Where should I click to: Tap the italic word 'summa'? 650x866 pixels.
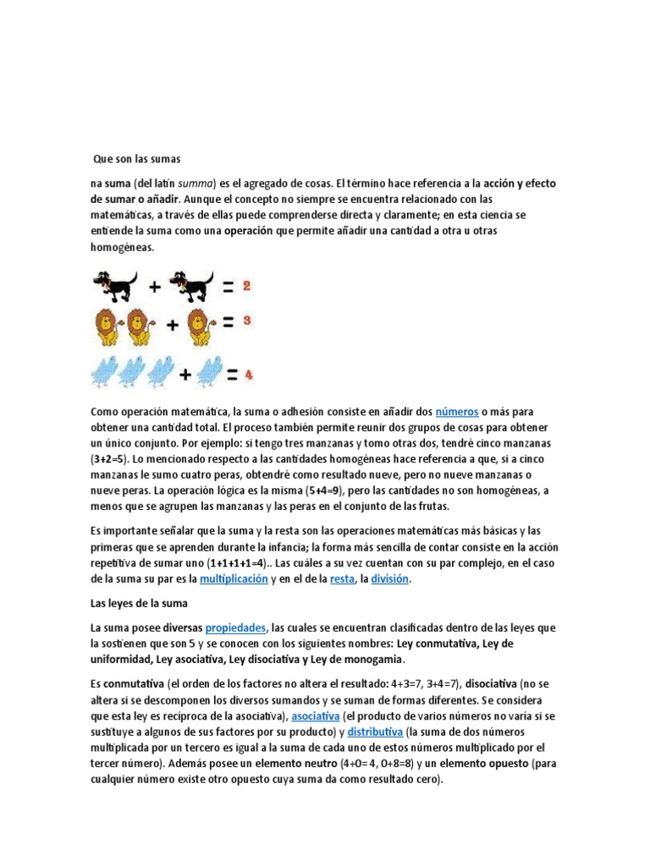coord(196,184)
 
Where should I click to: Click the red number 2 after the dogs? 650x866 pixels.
coord(247,286)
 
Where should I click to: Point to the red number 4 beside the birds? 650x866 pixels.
coord(247,373)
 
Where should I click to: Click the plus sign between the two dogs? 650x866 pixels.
coord(155,288)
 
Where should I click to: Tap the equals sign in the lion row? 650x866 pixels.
coord(226,323)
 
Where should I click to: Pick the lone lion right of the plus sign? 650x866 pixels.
coord(198,326)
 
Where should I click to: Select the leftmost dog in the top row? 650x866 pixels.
coord(116,285)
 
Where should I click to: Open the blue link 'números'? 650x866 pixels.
coord(457,412)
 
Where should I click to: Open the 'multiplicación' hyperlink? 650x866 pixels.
coord(234,579)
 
